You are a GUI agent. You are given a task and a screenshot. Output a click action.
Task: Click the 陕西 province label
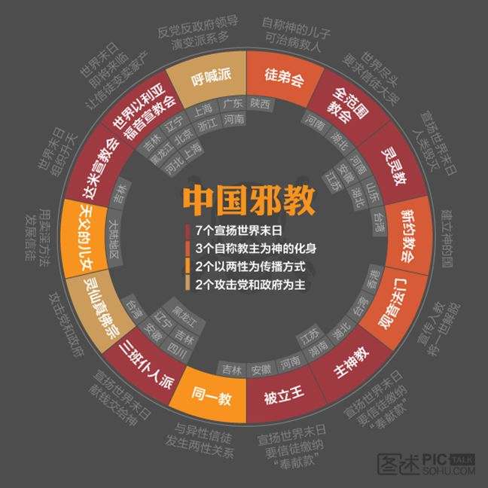[260, 105]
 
